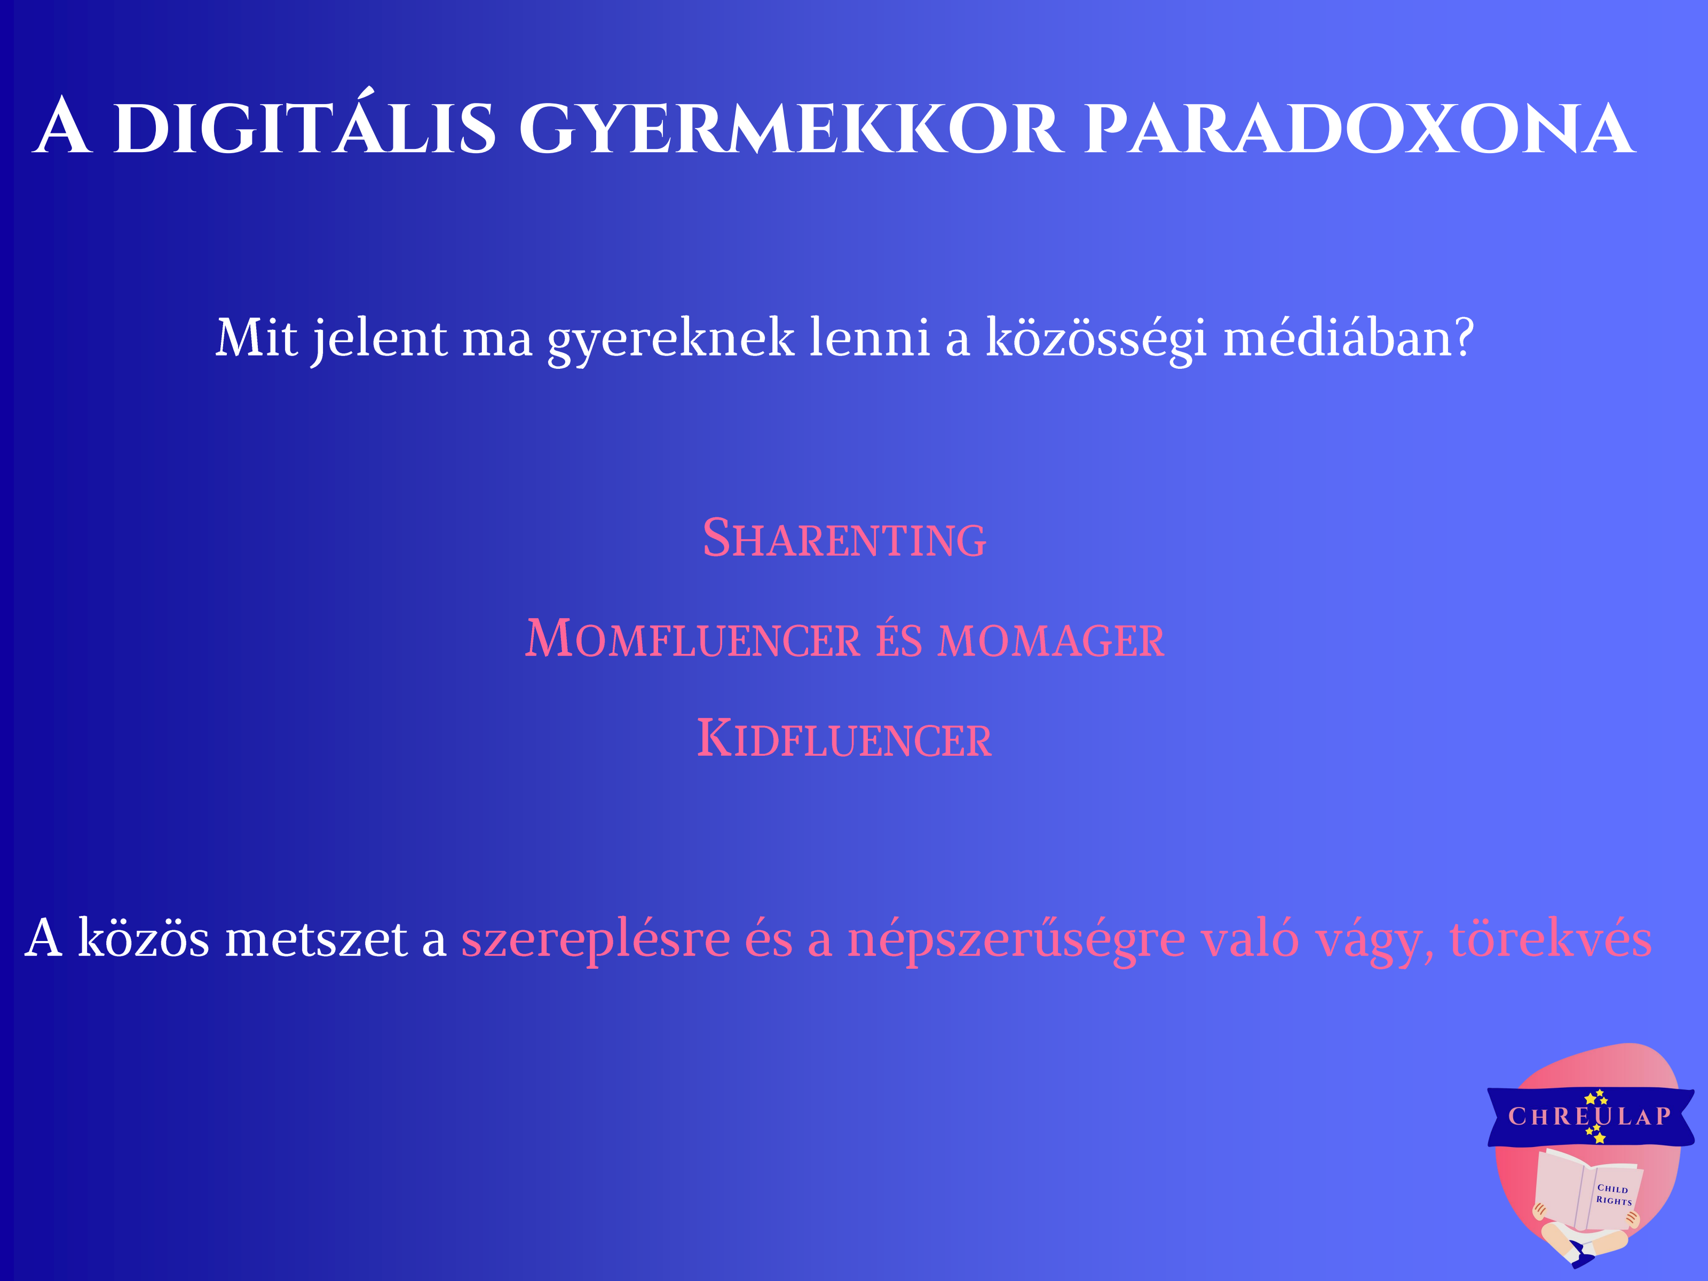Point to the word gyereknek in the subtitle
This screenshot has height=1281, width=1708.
(670, 341)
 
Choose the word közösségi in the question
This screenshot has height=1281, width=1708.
(1096, 341)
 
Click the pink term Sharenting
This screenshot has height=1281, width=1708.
(844, 537)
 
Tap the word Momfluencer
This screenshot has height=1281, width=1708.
(693, 638)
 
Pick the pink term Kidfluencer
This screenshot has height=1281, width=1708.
(844, 738)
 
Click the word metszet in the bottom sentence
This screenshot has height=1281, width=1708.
(316, 940)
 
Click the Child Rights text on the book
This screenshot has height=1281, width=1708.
(1614, 1195)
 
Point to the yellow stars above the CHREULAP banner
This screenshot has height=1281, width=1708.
(1595, 1097)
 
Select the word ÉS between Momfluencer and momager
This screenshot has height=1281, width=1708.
(899, 638)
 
